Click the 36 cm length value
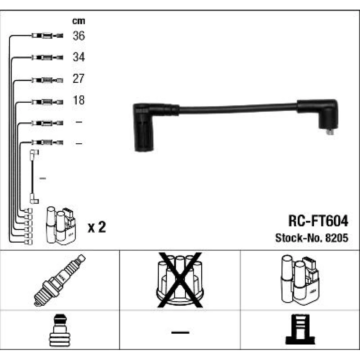pos(79,36)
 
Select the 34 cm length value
pos(79,57)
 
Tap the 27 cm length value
pos(78,78)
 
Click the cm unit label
pos(78,21)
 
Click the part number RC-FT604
pos(318,221)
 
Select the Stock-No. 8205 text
pos(312,238)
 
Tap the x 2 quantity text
pos(97,227)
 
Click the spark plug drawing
pos(60,280)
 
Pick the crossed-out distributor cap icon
pos(180,280)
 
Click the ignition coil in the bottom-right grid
pos(300,280)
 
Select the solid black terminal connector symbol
pos(300,329)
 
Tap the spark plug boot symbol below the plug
pos(59,330)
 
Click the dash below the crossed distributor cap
pos(180,332)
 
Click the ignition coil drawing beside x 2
pos(61,226)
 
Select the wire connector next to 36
pos(47,36)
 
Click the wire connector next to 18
pos(47,102)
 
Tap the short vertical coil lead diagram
pos(33,176)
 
